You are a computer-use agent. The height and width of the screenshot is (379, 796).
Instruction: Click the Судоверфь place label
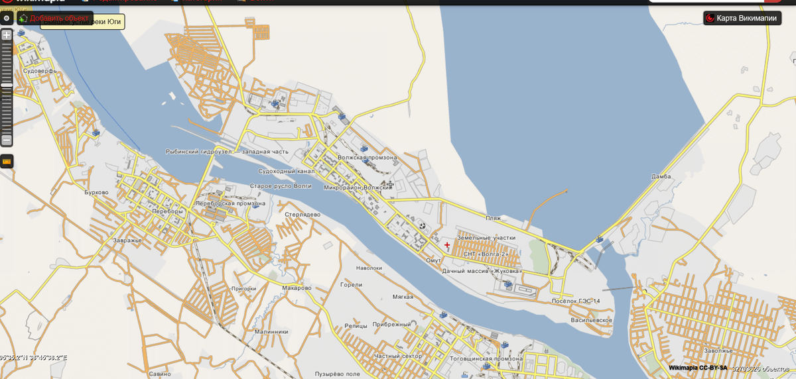[40, 70]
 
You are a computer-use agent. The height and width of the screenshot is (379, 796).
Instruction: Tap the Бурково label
[97, 193]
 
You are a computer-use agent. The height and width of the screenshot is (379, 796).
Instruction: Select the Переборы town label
[166, 211]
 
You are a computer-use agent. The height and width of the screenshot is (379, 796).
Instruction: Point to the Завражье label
[127, 241]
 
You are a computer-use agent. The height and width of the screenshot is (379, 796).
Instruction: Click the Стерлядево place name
[302, 215]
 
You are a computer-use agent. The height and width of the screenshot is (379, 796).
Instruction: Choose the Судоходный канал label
[286, 171]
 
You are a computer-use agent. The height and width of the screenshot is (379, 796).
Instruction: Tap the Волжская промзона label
[367, 158]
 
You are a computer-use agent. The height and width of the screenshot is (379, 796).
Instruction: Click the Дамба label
[661, 177]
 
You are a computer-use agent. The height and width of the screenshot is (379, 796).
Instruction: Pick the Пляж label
[493, 218]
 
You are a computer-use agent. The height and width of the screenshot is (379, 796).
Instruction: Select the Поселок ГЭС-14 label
[576, 301]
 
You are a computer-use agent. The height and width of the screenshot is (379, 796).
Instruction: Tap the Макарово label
[297, 288]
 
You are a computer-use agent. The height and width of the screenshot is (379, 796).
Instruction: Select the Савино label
[161, 374]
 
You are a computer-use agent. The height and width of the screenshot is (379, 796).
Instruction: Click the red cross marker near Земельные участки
[447, 245]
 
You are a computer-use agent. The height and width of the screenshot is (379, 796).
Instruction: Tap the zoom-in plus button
[7, 34]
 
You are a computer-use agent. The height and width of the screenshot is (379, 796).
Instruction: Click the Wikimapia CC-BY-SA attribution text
[697, 368]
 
